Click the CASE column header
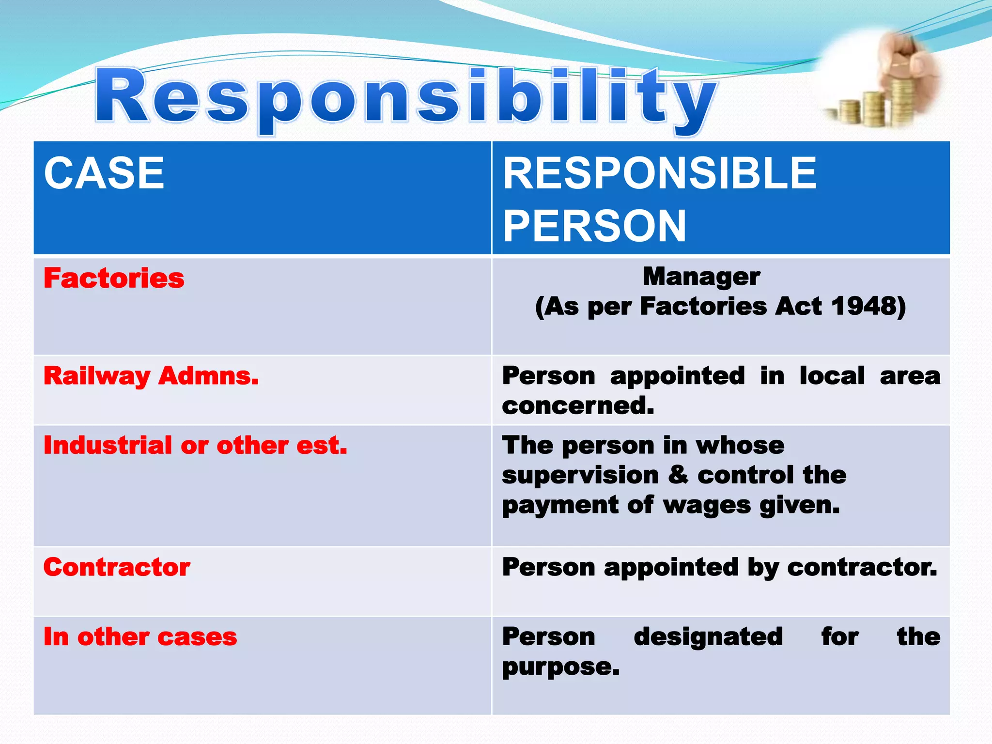click(x=104, y=173)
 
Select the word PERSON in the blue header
click(x=595, y=226)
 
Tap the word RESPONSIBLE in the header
click(x=660, y=173)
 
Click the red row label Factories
click(x=114, y=279)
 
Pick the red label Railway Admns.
click(x=151, y=376)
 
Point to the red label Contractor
click(x=117, y=567)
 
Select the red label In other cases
click(x=140, y=637)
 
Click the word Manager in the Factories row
click(x=701, y=277)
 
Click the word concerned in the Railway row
click(x=578, y=405)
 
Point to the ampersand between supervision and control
click(x=678, y=475)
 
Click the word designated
click(x=708, y=637)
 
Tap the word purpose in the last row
click(x=560, y=667)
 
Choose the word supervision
click(x=580, y=475)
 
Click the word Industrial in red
click(x=108, y=445)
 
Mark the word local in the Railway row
click(x=832, y=376)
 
